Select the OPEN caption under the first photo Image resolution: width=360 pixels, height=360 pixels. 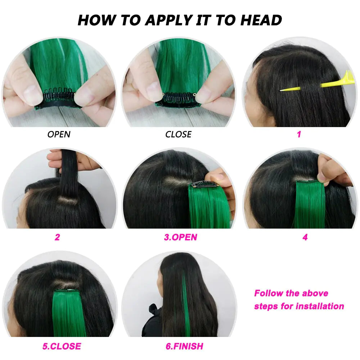(x=59, y=135)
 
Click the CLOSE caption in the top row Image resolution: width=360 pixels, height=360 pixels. (x=178, y=135)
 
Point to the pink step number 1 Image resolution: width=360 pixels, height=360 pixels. (x=299, y=135)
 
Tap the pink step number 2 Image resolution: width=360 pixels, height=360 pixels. (x=57, y=237)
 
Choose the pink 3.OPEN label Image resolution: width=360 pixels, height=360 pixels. (x=180, y=237)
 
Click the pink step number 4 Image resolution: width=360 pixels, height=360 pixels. (x=305, y=237)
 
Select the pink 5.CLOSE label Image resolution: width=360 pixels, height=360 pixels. (x=62, y=346)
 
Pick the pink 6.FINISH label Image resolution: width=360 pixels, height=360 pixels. (x=184, y=346)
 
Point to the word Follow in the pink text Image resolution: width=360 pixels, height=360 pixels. (x=269, y=293)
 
